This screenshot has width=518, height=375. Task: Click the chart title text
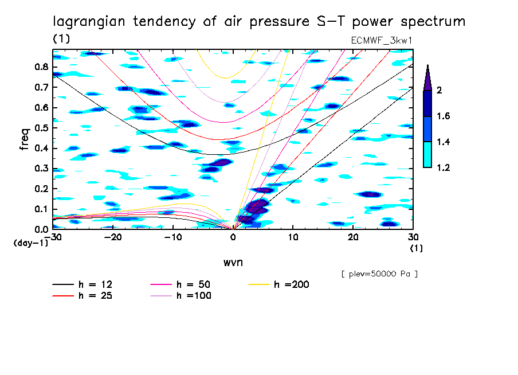tap(259, 22)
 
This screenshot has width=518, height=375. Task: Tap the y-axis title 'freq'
tap(25, 139)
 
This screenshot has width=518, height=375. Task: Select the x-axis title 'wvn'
tap(233, 262)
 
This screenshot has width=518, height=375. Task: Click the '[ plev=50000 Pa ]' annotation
tap(379, 275)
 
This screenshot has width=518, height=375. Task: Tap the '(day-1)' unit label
tap(30, 243)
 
